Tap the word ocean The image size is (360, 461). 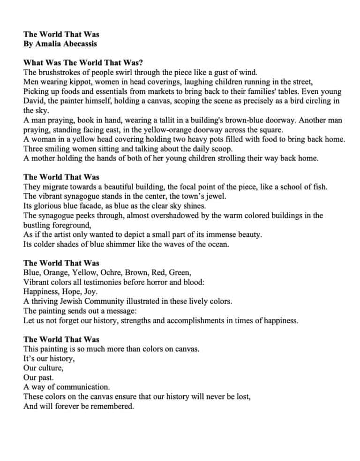click(217, 244)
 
